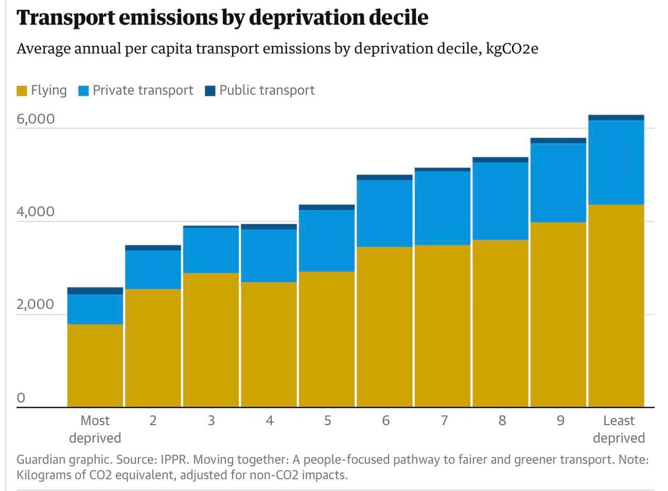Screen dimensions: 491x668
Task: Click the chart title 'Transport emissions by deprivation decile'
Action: click(223, 18)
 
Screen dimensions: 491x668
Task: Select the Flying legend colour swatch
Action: click(22, 91)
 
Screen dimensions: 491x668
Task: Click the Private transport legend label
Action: click(143, 90)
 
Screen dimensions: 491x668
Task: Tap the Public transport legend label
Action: click(267, 90)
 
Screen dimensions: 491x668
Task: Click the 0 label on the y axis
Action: click(21, 397)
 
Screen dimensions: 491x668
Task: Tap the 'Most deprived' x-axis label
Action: click(95, 429)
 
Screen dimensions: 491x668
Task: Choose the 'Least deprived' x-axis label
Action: click(618, 429)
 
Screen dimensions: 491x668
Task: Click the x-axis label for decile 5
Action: click(327, 421)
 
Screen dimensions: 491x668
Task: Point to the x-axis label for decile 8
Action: click(502, 421)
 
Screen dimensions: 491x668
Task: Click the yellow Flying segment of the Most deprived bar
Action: click(95, 365)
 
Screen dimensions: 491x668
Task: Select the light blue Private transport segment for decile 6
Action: click(385, 213)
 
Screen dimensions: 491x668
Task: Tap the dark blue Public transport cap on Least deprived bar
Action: click(616, 117)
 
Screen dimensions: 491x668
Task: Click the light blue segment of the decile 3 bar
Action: click(211, 250)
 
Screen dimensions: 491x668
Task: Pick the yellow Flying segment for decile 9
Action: click(558, 315)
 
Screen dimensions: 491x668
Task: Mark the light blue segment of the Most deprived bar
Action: click(95, 309)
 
